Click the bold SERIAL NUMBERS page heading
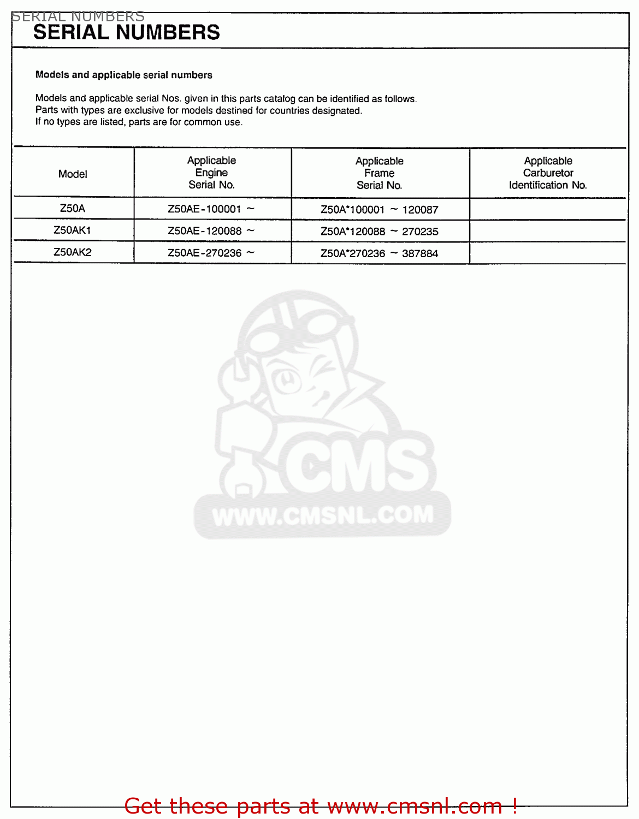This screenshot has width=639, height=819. coord(126,33)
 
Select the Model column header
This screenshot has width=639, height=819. coord(73,174)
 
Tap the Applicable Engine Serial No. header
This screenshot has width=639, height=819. coord(211,173)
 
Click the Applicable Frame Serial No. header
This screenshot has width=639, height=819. coord(379,173)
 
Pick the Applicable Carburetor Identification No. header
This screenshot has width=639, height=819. coord(548,173)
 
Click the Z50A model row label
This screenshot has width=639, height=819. coord(73,208)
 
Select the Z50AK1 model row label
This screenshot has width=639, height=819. coord(73,230)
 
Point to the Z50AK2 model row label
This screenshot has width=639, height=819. coord(73,252)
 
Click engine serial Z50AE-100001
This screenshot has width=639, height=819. coord(204,209)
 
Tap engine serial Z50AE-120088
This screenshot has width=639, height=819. coord(204,231)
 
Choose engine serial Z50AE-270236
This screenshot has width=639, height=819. coord(204,253)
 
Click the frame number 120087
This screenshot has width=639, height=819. coord(420,210)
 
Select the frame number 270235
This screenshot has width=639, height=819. coord(420,232)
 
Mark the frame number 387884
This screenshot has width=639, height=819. coord(420,253)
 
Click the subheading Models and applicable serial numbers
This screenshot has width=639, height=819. coord(123,75)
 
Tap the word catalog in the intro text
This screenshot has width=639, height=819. coord(279,99)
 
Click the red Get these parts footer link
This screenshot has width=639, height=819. coord(321,806)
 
